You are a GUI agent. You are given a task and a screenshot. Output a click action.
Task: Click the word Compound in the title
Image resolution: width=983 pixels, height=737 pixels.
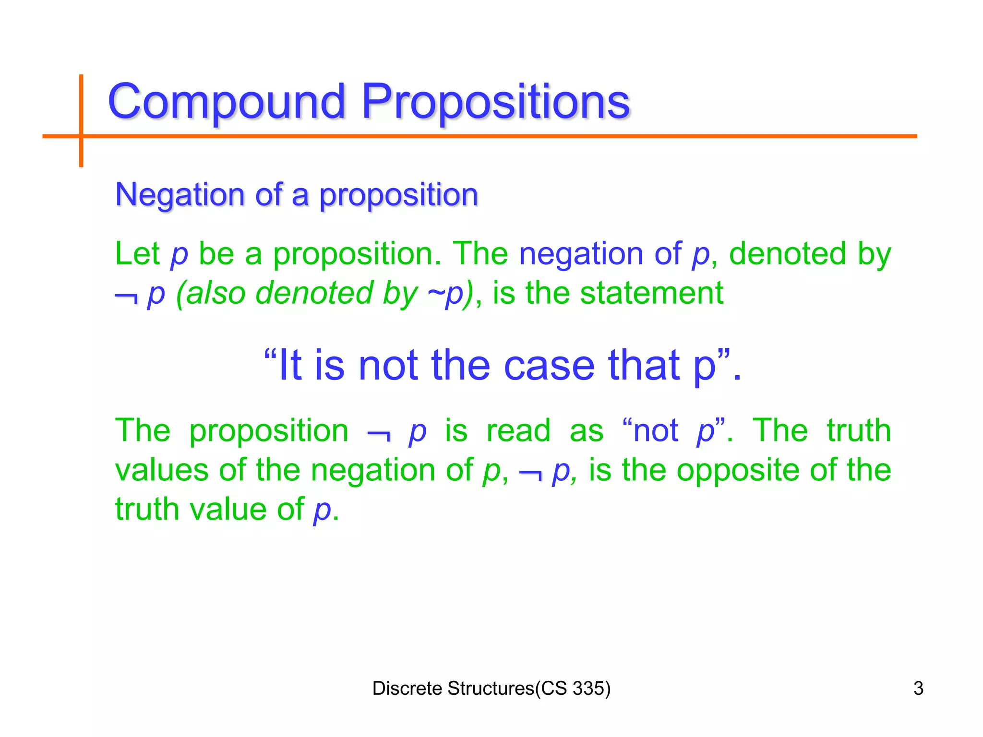[x=227, y=102]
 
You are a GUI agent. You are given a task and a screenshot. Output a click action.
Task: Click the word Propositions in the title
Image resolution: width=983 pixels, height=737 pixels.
[x=495, y=102]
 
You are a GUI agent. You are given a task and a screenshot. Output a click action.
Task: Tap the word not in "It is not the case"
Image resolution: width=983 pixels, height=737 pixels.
[x=388, y=366]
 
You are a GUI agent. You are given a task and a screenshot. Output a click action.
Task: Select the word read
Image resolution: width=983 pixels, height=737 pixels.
[x=518, y=430]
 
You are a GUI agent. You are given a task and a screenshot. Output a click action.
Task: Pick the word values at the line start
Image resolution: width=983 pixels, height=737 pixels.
[x=162, y=470]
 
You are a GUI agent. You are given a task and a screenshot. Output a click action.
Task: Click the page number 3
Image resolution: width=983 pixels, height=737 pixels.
[x=918, y=689]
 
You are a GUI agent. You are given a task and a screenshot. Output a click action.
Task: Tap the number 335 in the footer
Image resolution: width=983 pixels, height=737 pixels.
[x=588, y=689]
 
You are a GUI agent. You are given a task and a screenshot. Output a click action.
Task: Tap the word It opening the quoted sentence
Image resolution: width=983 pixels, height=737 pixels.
[x=289, y=366]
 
